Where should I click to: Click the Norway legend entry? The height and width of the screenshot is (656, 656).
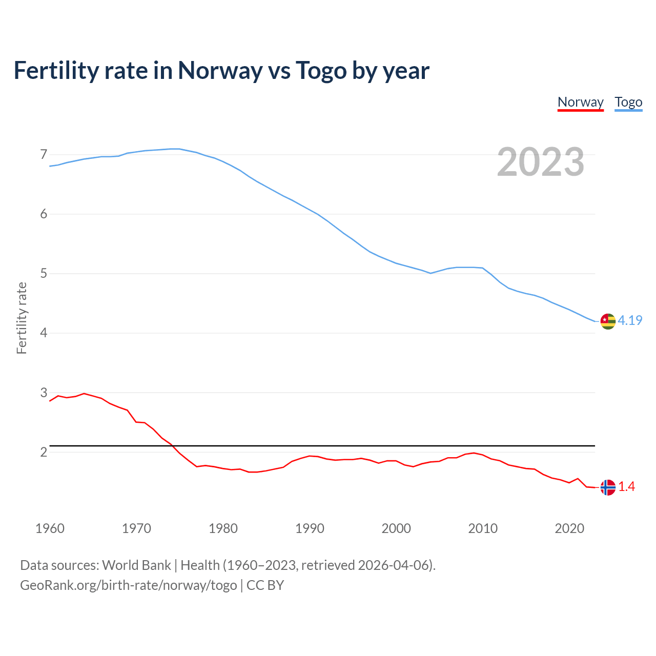580,102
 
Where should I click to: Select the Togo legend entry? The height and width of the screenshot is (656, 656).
628,102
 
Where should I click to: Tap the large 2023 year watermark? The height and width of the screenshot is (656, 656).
540,162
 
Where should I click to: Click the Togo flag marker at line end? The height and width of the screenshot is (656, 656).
607,321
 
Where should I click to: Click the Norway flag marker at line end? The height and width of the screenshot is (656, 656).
607,487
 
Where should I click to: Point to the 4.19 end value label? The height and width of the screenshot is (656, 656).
630,320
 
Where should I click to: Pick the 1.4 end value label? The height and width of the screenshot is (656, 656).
626,487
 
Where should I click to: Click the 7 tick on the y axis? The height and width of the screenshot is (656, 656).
43,154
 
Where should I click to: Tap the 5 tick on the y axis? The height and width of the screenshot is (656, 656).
43,274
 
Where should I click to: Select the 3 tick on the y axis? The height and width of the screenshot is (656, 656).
43,393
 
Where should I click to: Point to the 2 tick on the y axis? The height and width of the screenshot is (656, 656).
43,452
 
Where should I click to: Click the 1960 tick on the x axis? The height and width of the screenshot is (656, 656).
50,528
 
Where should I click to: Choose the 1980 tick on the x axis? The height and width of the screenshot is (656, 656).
223,528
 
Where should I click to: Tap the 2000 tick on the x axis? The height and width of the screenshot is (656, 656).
396,528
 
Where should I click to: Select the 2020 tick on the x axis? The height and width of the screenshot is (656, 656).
569,528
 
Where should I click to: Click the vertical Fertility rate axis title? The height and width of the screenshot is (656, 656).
22,318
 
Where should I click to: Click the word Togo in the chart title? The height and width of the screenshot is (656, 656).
321,71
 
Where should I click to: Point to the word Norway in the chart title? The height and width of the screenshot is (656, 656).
220,71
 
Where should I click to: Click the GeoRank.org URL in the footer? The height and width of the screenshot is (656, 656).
128,585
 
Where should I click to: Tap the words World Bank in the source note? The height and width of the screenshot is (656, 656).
136,565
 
